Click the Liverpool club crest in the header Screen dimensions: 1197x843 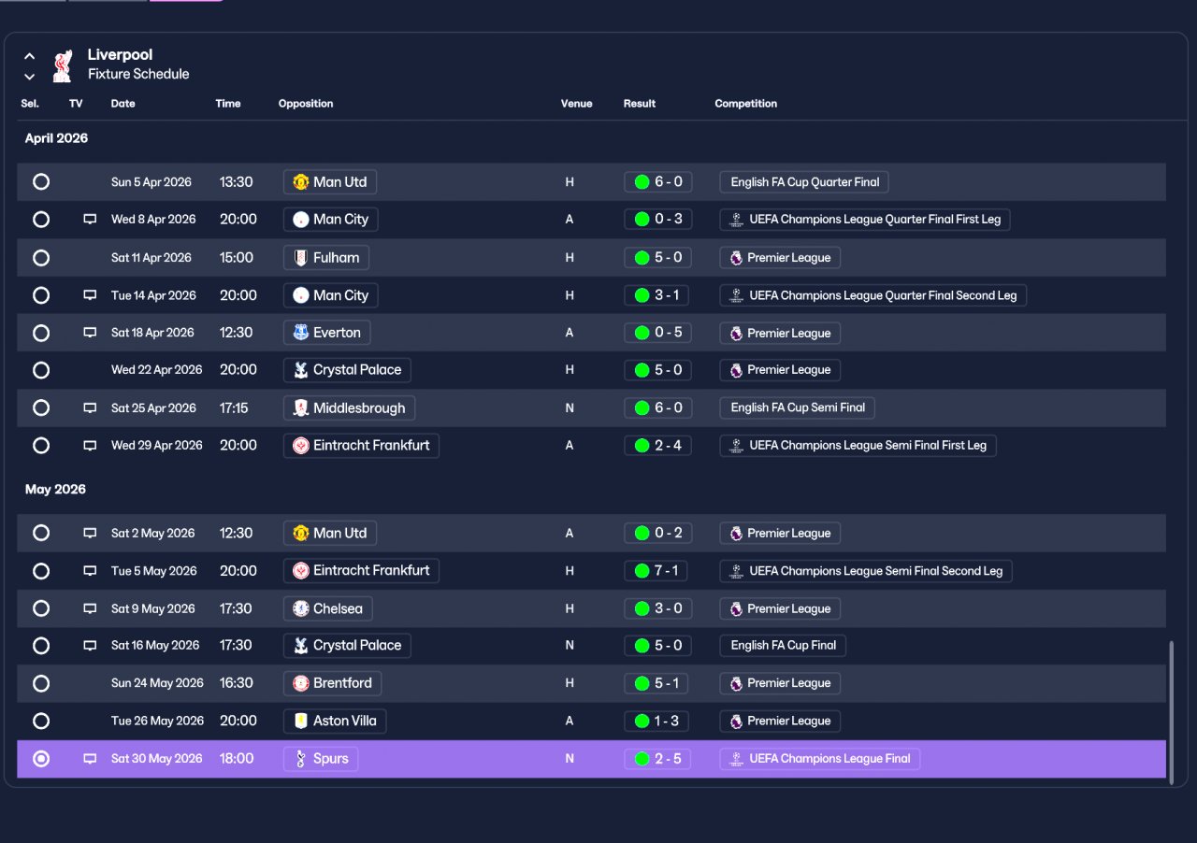[x=63, y=65]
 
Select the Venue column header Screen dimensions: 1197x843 [x=576, y=104]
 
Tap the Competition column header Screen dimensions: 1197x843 [x=745, y=104]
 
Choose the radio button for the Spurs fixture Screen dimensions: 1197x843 [x=40, y=759]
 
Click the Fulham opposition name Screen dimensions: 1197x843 [x=336, y=258]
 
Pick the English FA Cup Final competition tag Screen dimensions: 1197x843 [x=783, y=646]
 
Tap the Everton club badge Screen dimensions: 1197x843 [x=301, y=333]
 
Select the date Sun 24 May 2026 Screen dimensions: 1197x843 [x=157, y=683]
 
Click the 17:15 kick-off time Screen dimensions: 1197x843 [x=234, y=408]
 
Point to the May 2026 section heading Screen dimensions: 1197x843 [x=55, y=490]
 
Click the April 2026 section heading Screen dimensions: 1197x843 [x=56, y=138]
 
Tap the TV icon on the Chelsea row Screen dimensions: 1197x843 [x=90, y=608]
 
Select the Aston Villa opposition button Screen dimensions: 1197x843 [x=335, y=721]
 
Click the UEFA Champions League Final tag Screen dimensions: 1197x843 [x=820, y=759]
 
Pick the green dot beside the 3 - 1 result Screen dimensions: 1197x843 [x=642, y=295]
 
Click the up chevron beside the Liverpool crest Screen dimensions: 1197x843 [x=29, y=55]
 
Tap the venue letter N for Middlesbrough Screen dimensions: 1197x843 [x=570, y=408]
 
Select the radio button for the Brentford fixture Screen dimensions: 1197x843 [x=40, y=683]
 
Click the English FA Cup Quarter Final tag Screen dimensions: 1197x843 [x=804, y=182]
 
